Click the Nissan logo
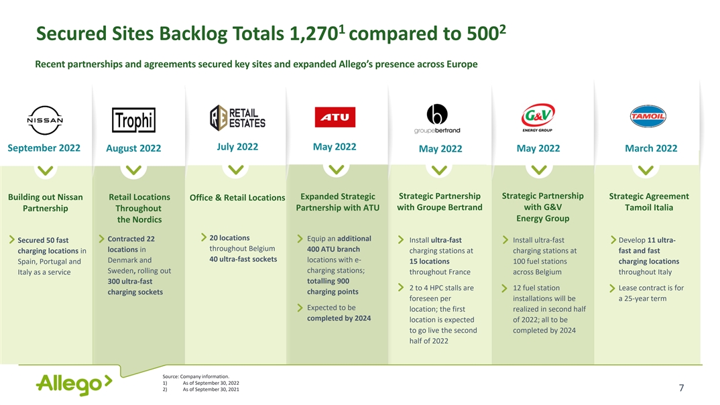coord(45,120)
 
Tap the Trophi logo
coord(133,120)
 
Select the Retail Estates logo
coord(237,117)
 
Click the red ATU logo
coord(335,117)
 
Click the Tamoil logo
coord(647,117)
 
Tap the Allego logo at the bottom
coord(74,384)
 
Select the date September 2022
coord(44,148)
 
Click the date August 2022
coord(133,148)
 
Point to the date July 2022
coord(237,147)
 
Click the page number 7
coord(681,388)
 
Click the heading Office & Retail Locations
coord(237,197)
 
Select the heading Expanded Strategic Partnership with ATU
coord(337,202)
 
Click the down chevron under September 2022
coord(44,170)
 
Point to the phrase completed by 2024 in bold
coord(339,318)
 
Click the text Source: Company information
coord(200,376)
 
